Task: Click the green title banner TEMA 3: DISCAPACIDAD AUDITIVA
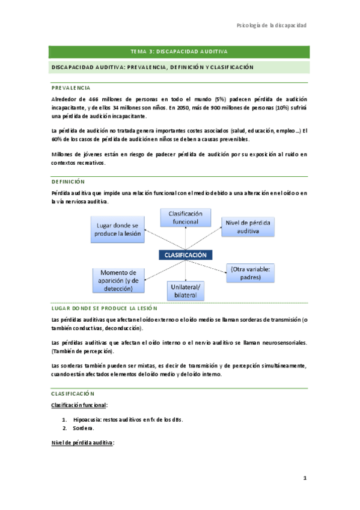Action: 180,52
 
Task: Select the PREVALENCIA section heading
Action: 72,88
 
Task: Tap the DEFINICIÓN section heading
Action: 69,181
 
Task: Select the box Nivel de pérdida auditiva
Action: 248,227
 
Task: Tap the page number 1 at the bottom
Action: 305,478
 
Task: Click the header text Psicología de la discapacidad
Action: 272,25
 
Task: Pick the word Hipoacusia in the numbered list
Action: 87,419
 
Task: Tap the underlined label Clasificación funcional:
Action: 79,406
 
